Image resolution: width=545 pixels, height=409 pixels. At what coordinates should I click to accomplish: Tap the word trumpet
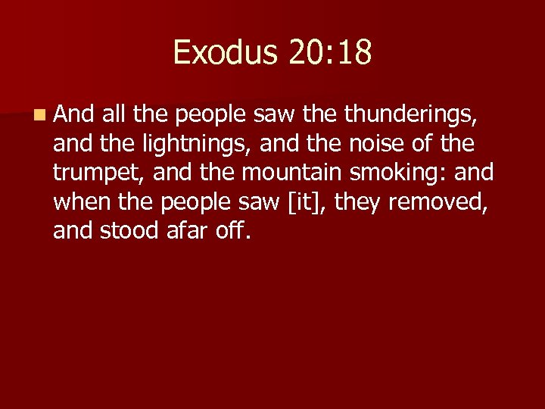pyautogui.click(x=99, y=173)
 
